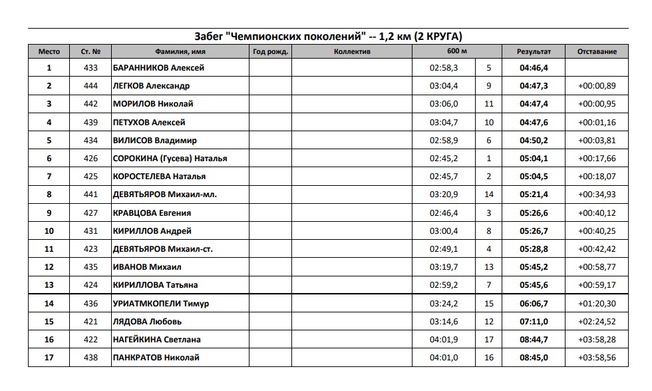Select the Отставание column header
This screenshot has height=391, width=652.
pos(597,51)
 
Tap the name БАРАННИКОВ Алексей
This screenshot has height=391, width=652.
pos(159,68)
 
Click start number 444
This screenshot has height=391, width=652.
pos(91,86)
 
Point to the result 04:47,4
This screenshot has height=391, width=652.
pos(534,104)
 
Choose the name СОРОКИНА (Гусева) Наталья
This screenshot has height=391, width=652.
pos(170,159)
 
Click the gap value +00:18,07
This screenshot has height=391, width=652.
pos(597,177)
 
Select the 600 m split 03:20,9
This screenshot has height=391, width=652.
pos(444,195)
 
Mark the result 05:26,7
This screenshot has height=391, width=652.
pos(534,231)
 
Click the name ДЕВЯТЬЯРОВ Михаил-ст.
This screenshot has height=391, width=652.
pos(163,249)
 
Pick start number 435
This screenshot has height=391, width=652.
pos(91,267)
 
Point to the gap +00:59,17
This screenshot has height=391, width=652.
pos(597,285)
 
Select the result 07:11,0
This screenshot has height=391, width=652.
pos(534,322)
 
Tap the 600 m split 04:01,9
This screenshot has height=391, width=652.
pos(444,340)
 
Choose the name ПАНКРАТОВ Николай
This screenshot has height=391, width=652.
pos(156,358)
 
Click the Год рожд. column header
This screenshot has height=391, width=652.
pos(270,51)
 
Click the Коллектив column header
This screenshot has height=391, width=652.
pos(352,51)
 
